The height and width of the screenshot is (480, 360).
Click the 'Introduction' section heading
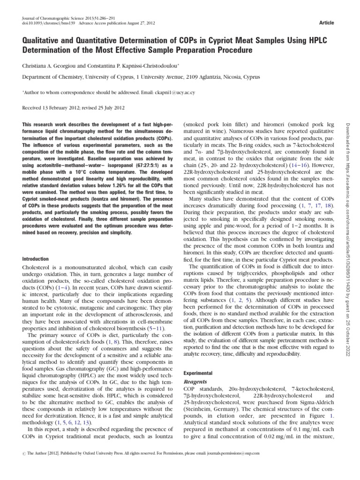(36, 259)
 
